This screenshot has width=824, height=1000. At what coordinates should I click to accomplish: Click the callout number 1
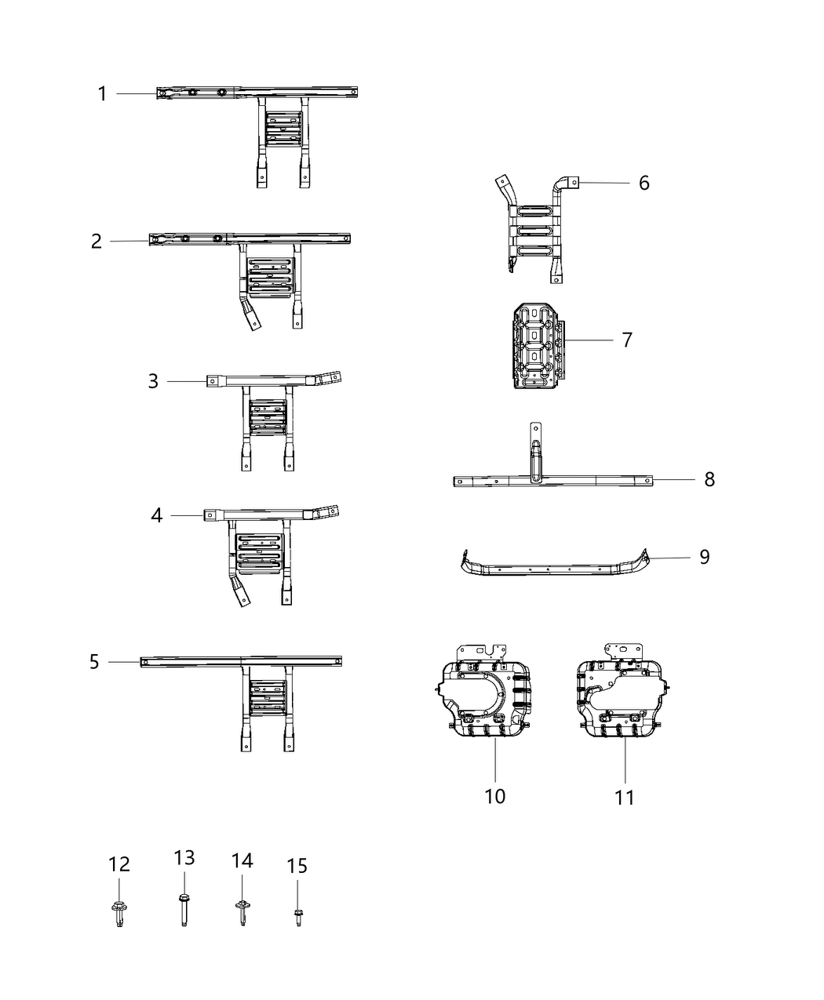pos(102,94)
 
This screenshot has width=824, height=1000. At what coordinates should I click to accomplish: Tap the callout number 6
pos(644,183)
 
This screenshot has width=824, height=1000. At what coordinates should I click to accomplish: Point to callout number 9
pos(704,557)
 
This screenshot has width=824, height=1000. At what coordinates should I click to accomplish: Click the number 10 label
pos(495,796)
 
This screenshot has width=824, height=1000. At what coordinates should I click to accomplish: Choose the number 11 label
pos(624,798)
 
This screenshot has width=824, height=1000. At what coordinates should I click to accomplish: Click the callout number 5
pos(94,663)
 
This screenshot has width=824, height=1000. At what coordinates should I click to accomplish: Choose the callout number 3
pos(153,381)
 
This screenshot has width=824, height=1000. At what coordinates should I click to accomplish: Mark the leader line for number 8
pos(675,479)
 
